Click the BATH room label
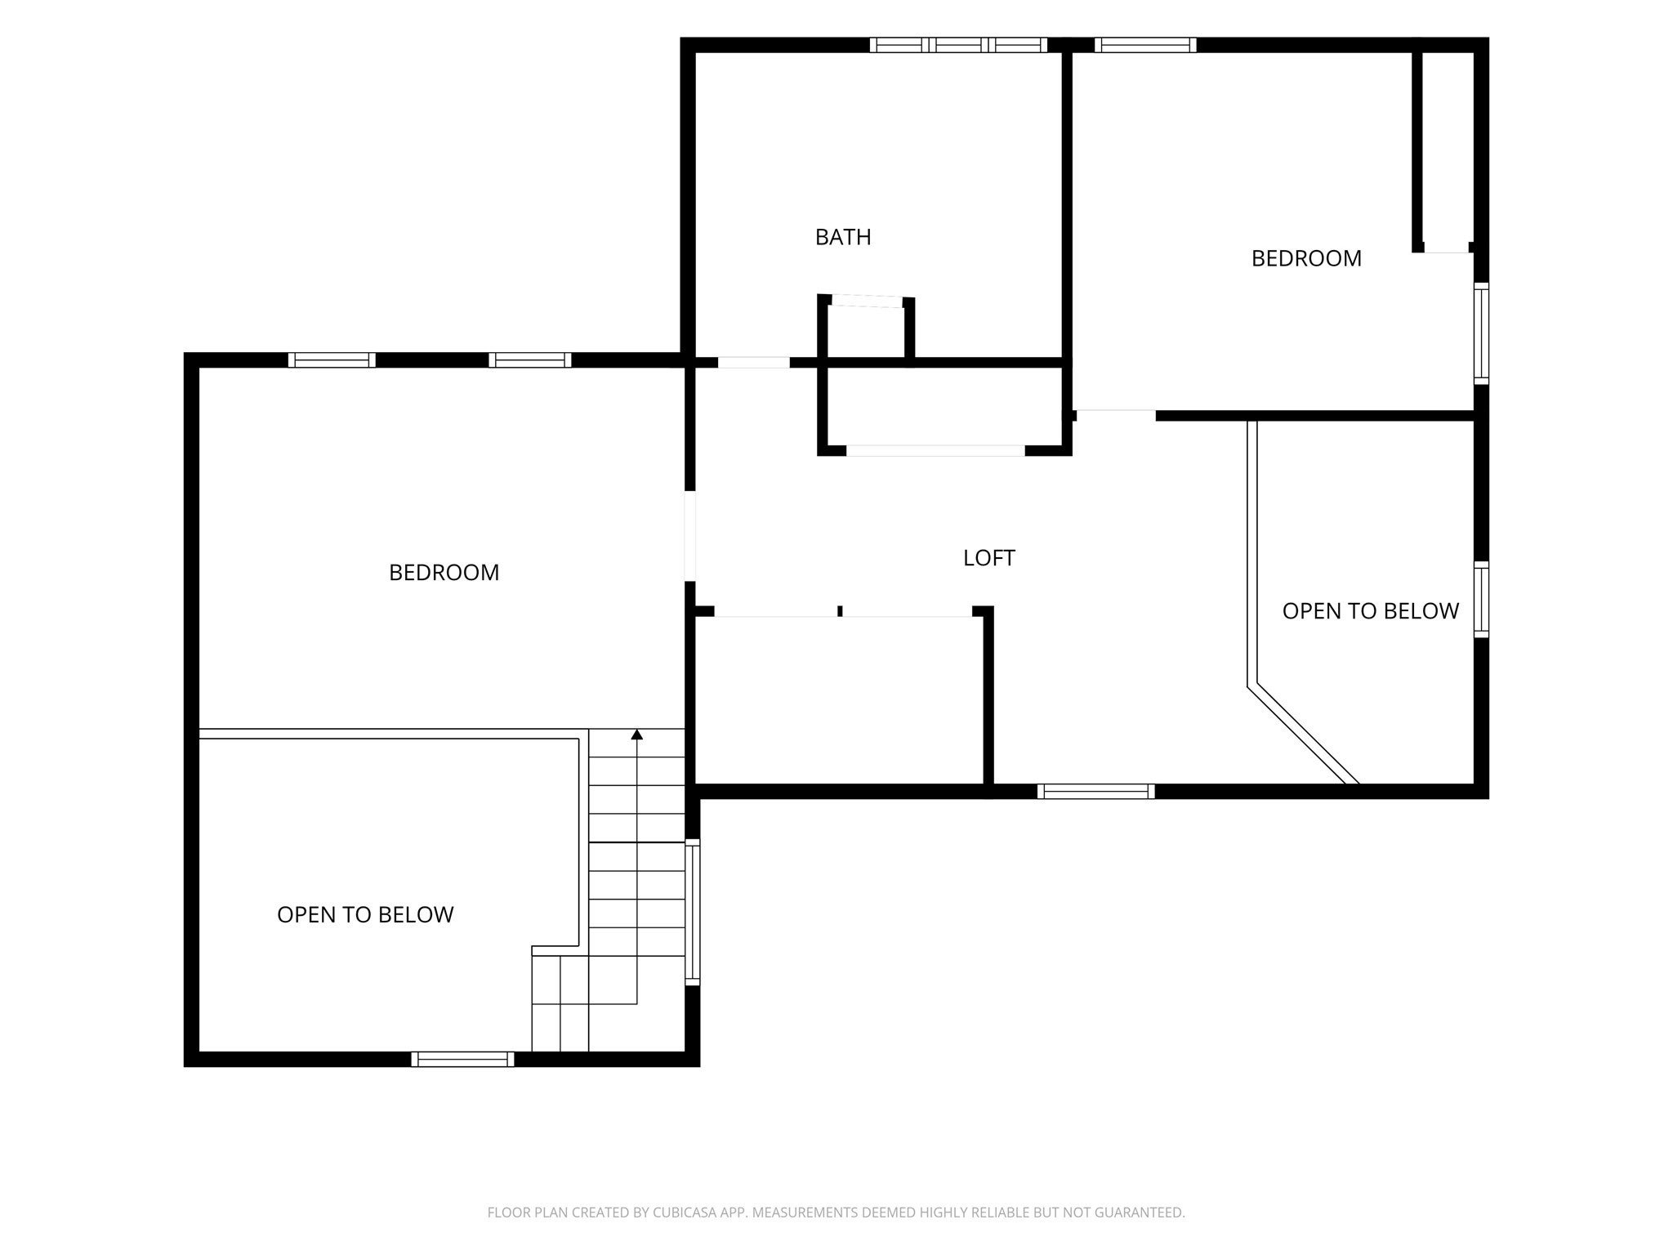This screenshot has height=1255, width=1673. click(x=843, y=237)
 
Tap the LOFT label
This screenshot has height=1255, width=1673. click(x=988, y=558)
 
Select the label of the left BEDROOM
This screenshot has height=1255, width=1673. click(x=444, y=573)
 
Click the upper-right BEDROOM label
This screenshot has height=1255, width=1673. click(x=1306, y=258)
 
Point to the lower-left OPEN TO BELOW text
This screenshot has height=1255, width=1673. click(x=365, y=914)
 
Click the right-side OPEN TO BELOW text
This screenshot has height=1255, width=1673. click(x=1370, y=611)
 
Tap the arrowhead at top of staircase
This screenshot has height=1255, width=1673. click(x=636, y=735)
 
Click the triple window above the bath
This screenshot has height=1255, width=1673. click(x=958, y=45)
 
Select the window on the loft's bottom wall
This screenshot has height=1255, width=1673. click(x=1095, y=791)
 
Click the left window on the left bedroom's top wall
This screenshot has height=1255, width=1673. click(x=332, y=360)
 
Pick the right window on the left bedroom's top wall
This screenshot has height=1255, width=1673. click(x=530, y=360)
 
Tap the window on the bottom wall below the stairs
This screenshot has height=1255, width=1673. click(x=462, y=1059)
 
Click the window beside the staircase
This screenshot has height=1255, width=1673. click(x=693, y=912)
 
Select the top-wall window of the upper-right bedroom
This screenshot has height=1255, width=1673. click(x=1145, y=45)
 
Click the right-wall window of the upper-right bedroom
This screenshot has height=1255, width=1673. click(x=1481, y=333)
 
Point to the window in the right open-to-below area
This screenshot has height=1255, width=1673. click(x=1481, y=599)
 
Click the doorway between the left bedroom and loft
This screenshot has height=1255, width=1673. click(x=690, y=536)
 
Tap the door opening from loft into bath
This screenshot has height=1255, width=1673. click(x=754, y=362)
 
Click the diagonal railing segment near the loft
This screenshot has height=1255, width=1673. click(x=1303, y=734)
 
